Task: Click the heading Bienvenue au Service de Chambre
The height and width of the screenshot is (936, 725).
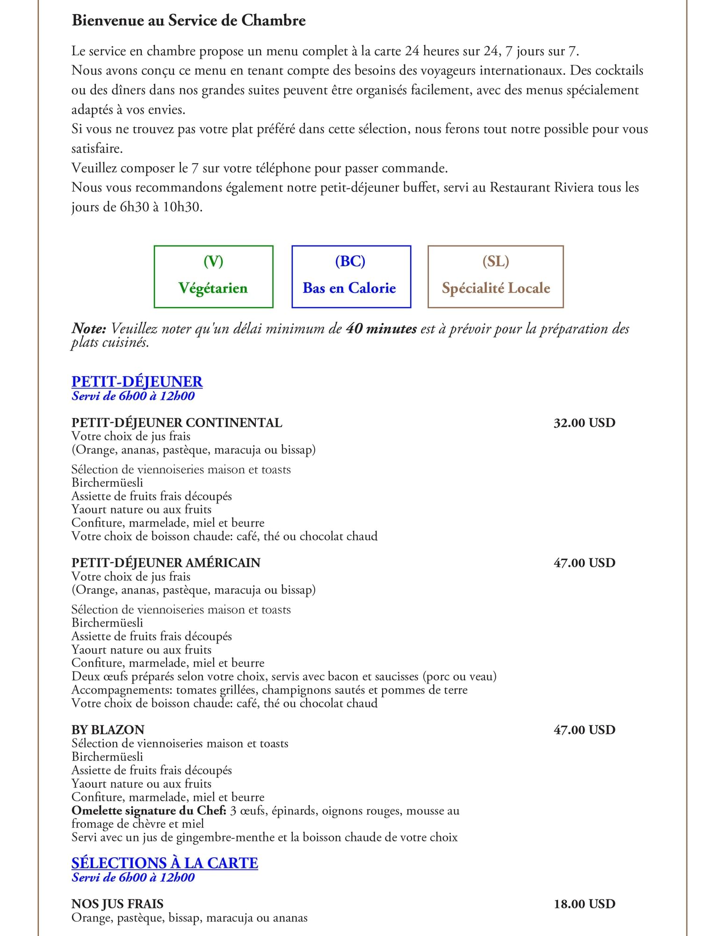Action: tap(188, 21)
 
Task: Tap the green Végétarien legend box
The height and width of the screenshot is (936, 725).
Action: tap(213, 277)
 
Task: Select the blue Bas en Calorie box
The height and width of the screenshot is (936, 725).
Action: tap(351, 277)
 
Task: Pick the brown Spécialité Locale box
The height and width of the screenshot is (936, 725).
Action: tap(495, 277)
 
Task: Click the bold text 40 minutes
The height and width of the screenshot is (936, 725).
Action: tap(381, 329)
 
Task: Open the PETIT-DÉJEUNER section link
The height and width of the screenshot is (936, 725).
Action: tap(137, 381)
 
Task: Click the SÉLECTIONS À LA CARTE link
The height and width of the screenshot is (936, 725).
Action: tap(165, 863)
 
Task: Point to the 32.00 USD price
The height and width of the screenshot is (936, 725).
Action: tap(584, 423)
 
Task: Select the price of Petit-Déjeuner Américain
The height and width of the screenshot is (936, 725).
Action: tap(584, 563)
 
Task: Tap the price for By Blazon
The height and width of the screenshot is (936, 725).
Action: tap(584, 730)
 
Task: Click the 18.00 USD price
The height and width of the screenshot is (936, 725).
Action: tap(584, 904)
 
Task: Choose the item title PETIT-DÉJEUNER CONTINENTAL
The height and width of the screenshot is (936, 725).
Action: tap(177, 423)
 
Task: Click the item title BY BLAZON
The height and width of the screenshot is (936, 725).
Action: tap(108, 730)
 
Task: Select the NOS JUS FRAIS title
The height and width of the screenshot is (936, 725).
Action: tap(117, 904)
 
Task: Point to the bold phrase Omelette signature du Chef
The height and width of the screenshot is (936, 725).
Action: tap(149, 811)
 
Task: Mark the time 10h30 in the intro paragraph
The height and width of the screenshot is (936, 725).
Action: tap(182, 207)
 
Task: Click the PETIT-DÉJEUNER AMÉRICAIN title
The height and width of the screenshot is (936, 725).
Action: tap(166, 563)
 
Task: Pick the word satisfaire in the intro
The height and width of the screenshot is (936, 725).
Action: tap(97, 149)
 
